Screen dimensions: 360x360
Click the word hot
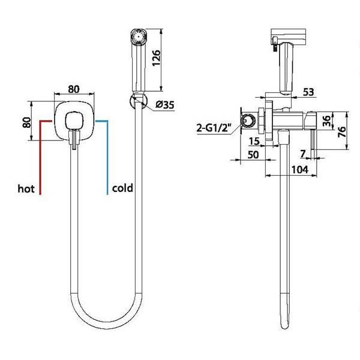(x=26, y=189)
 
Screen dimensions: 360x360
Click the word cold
(x=122, y=188)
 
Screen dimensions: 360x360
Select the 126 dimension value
(x=157, y=58)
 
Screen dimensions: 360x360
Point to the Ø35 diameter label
(x=165, y=104)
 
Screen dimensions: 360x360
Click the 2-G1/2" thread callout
(x=213, y=128)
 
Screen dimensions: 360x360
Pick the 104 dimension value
(x=299, y=170)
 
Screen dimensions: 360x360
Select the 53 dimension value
(x=308, y=92)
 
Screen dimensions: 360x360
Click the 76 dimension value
(x=342, y=132)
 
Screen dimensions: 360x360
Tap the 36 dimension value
(x=327, y=121)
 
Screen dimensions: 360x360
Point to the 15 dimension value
(x=254, y=141)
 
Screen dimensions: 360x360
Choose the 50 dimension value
(x=253, y=155)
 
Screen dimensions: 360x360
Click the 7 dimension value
(x=303, y=154)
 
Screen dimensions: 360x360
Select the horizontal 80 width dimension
(x=74, y=89)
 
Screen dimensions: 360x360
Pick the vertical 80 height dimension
(x=26, y=122)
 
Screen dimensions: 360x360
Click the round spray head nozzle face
(x=138, y=36)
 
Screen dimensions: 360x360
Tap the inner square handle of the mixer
(x=74, y=121)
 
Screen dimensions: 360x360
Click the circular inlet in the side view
(x=248, y=121)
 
